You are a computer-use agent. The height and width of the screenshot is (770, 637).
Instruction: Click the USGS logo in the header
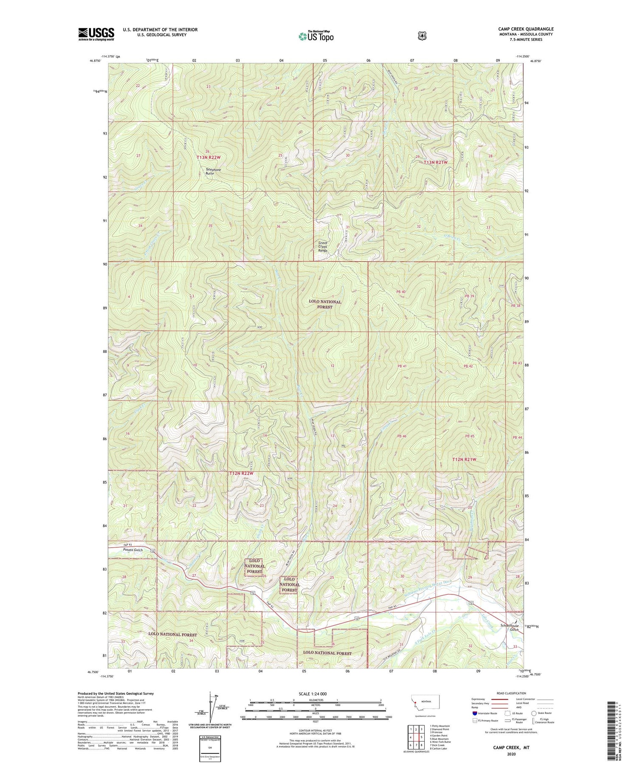[96, 34]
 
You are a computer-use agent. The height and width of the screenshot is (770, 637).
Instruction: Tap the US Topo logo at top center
[316, 36]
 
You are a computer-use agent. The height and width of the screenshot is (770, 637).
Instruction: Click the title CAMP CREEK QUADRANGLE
[526, 29]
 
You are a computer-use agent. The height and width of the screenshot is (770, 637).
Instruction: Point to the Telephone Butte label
[213, 172]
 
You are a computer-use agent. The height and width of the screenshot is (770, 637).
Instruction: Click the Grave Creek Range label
[325, 247]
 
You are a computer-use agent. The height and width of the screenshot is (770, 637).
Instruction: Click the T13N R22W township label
[209, 158]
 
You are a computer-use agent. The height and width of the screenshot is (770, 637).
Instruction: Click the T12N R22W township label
[241, 473]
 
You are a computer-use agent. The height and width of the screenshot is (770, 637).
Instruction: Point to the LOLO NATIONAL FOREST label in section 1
[325, 304]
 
